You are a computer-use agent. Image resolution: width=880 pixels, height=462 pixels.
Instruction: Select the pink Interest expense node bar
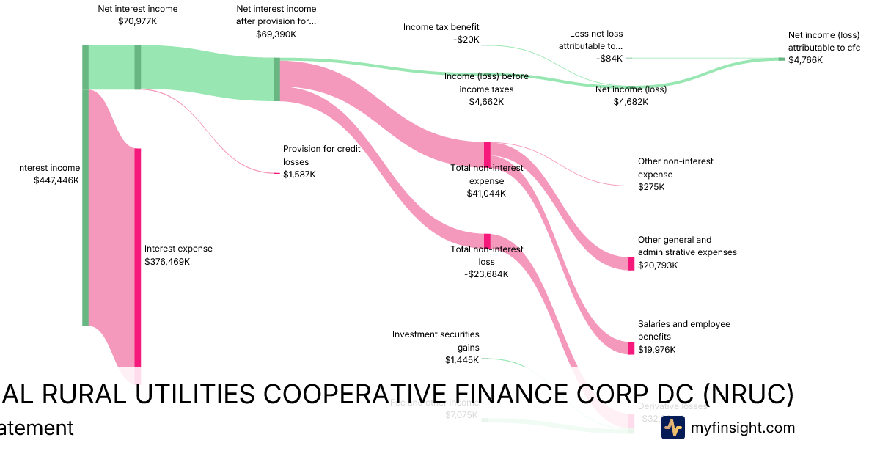pyautogui.click(x=137, y=257)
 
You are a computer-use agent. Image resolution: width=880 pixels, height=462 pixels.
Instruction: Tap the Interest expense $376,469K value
pyautogui.click(x=167, y=261)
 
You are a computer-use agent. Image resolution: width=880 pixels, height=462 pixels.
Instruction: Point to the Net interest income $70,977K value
pyautogui.click(x=137, y=21)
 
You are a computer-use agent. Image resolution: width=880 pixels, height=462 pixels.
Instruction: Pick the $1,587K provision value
pyautogui.click(x=299, y=175)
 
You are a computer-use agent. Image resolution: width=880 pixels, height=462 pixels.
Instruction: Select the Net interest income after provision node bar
pyautogui.click(x=276, y=79)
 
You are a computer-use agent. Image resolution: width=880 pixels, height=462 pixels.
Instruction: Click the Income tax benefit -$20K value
pyautogui.click(x=466, y=40)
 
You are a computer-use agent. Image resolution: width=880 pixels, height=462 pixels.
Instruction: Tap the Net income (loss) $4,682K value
pyautogui.click(x=631, y=102)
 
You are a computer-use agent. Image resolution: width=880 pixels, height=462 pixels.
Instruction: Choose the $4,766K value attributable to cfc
pyautogui.click(x=805, y=60)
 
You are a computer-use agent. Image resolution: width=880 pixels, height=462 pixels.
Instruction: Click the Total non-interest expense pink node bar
pyautogui.click(x=487, y=155)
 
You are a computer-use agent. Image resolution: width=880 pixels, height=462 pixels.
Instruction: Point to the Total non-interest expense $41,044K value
pyautogui.click(x=486, y=194)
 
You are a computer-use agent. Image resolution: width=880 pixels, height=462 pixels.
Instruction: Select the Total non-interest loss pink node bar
pyautogui.click(x=487, y=241)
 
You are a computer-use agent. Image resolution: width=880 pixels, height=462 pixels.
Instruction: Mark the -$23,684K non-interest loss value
pyautogui.click(x=486, y=274)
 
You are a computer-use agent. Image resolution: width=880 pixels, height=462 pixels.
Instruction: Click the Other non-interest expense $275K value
pyautogui.click(x=651, y=187)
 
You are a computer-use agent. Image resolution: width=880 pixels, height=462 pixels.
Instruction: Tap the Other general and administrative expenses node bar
pyautogui.click(x=631, y=264)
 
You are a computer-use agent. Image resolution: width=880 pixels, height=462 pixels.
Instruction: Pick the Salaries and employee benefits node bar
pyautogui.click(x=631, y=348)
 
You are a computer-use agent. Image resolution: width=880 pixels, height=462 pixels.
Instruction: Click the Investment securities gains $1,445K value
pyautogui.click(x=461, y=360)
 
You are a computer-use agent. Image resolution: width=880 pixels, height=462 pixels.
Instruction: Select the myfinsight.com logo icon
pyautogui.click(x=672, y=428)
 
